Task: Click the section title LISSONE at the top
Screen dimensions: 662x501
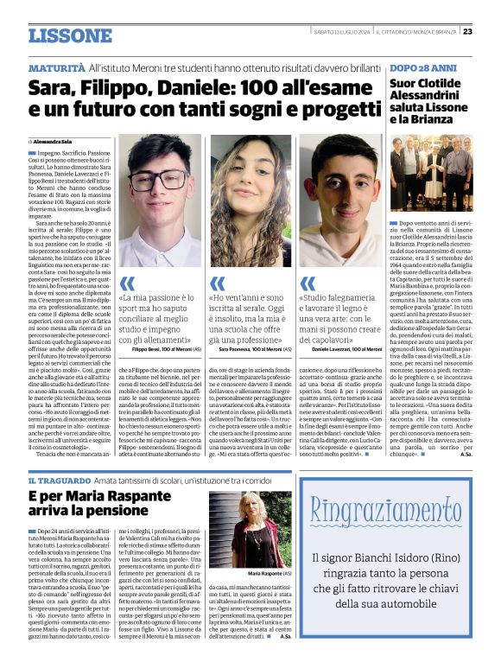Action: pos(69,35)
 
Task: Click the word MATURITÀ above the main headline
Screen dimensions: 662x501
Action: pos(56,67)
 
